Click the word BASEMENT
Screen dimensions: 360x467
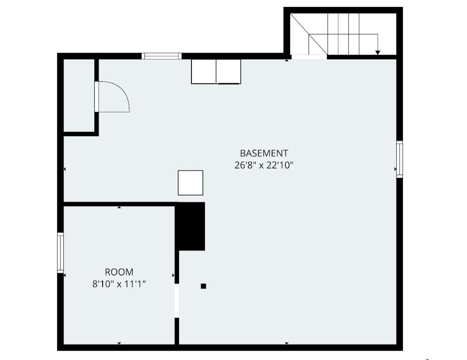click(264, 153)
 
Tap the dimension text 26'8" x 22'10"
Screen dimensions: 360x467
click(264, 165)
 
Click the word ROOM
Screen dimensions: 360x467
click(119, 272)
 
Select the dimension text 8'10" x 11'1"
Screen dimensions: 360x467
click(119, 284)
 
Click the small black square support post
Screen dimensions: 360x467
click(203, 286)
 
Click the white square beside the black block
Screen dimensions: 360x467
click(191, 183)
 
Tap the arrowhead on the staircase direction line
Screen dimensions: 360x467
click(378, 52)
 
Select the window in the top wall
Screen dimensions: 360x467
click(161, 56)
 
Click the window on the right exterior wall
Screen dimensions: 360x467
click(399, 159)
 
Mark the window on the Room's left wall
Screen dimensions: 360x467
click(60, 252)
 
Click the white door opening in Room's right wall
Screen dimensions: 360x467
click(177, 301)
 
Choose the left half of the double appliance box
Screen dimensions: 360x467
click(204, 72)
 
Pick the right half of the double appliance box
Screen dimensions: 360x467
click(229, 72)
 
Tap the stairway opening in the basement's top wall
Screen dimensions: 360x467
click(309, 57)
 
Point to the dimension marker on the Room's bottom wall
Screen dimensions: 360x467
click(119, 343)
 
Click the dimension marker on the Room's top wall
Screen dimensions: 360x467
click(119, 207)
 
